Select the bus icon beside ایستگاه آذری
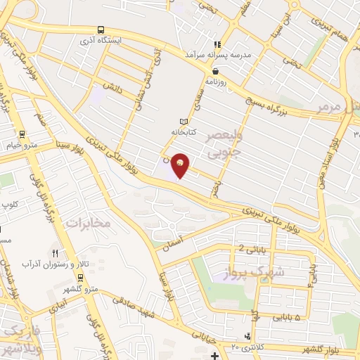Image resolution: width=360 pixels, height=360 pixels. tap(101, 30)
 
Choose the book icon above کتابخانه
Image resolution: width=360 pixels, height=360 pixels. tap(184, 122)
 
